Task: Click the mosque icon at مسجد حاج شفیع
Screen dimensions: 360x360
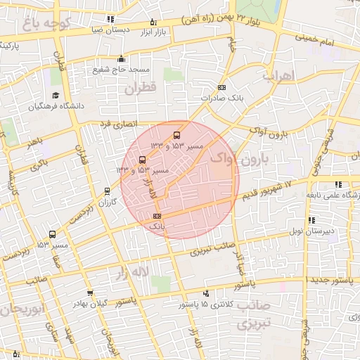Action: pos(121,59)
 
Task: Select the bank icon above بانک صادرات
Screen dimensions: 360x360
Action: pos(222,87)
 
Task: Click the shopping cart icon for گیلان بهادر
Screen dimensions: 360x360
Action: pos(89,293)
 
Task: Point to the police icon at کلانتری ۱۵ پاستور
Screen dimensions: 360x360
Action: pos(205,293)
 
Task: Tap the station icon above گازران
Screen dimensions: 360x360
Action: pos(107,191)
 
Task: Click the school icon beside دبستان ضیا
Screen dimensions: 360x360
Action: pos(109,20)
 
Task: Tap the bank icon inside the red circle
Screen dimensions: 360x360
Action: pos(157,216)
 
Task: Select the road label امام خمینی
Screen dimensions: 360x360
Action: pos(326,39)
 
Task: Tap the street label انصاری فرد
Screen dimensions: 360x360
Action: pos(115,124)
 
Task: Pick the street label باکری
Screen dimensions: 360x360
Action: pos(40,164)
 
